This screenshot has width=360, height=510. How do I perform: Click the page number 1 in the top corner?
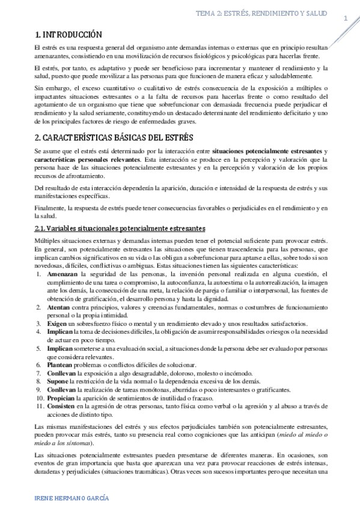pos(346,19)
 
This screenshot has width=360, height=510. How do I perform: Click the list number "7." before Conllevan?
pos(39,372)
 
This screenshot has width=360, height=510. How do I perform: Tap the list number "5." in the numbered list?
pos(39,348)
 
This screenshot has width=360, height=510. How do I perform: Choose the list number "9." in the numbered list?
pos(39,389)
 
